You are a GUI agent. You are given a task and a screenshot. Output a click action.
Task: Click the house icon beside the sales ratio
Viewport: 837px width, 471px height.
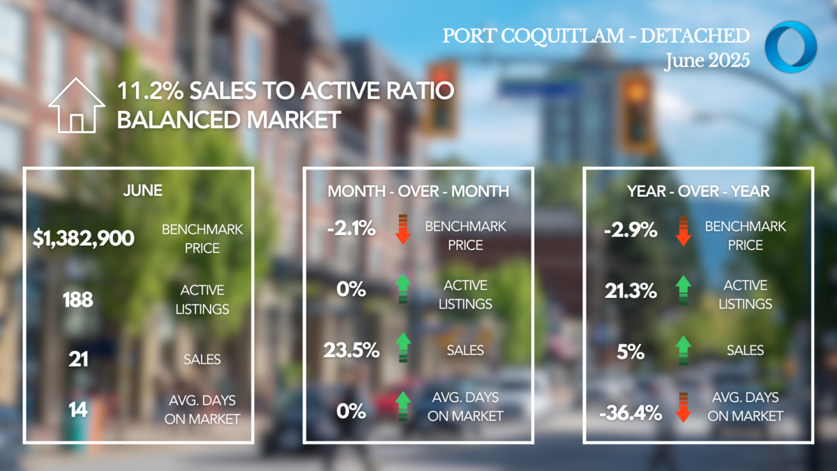click(x=76, y=105)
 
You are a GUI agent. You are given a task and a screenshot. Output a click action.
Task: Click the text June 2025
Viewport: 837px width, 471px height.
click(x=707, y=60)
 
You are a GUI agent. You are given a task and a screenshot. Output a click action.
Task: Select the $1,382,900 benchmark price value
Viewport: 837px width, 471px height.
click(x=83, y=238)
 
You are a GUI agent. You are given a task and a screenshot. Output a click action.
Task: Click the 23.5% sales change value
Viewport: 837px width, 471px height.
click(x=352, y=350)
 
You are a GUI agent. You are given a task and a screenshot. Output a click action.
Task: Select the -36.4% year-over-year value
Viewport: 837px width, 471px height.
click(x=630, y=413)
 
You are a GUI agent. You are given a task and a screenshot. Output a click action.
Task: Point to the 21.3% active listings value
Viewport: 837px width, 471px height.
click(x=630, y=290)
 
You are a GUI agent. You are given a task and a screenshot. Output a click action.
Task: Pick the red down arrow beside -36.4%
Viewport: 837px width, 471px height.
click(x=683, y=408)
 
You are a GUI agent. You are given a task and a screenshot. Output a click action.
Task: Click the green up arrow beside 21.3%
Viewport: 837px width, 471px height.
click(x=683, y=290)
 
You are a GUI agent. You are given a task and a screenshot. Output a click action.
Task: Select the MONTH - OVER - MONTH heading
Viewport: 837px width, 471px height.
click(x=418, y=190)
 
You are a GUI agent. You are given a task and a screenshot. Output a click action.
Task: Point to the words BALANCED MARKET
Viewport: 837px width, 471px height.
click(x=229, y=119)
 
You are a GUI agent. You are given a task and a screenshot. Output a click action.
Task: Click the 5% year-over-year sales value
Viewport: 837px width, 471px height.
click(x=630, y=352)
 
